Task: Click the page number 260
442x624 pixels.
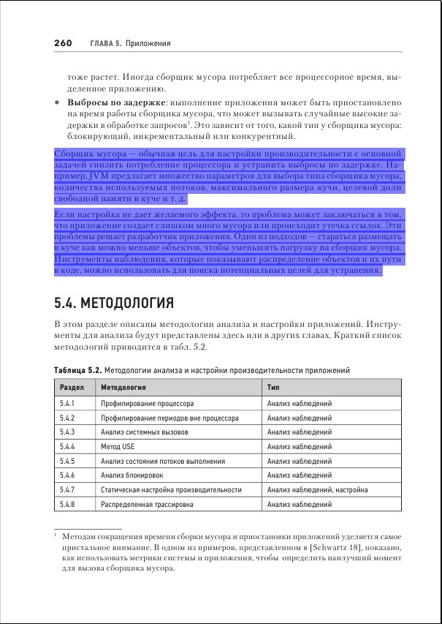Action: click(x=62, y=44)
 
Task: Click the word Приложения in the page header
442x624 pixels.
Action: click(x=148, y=44)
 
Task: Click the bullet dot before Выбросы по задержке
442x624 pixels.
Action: click(x=56, y=103)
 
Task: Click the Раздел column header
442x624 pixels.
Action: click(x=71, y=387)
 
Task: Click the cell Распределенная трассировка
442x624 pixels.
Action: click(x=145, y=504)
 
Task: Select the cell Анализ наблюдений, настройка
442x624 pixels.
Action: click(x=317, y=489)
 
